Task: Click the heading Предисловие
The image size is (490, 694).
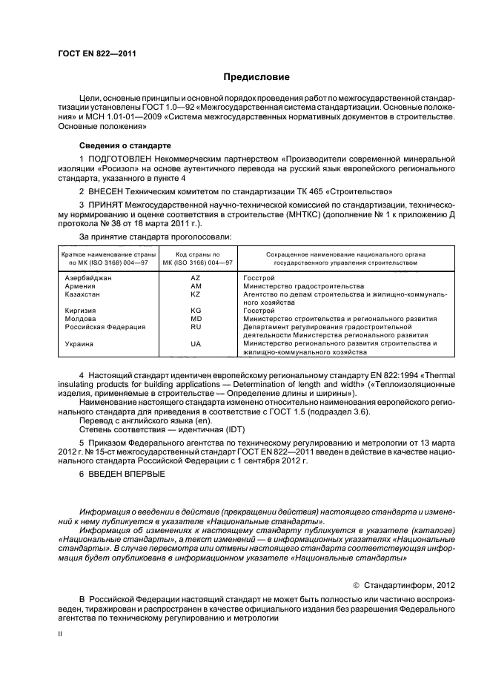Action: point(256,77)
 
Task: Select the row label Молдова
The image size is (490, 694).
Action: point(80,319)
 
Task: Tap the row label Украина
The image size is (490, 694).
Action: point(80,344)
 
